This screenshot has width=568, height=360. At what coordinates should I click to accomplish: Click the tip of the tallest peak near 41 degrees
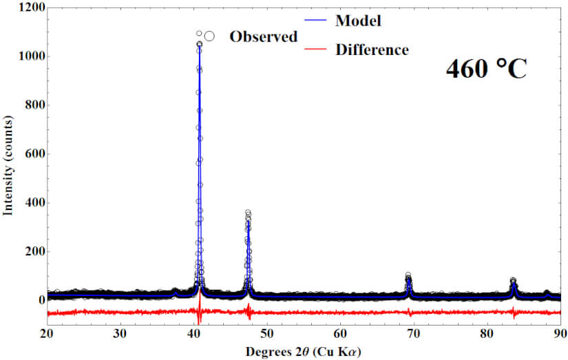(199, 43)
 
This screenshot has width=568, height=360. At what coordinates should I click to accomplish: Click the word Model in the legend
(358, 21)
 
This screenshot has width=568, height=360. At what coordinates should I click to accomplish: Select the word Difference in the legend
(372, 50)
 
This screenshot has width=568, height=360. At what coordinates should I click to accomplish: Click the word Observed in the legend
(263, 36)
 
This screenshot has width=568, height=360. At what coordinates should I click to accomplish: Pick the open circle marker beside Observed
(209, 36)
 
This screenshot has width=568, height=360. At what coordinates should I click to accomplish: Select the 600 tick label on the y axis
(31, 154)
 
